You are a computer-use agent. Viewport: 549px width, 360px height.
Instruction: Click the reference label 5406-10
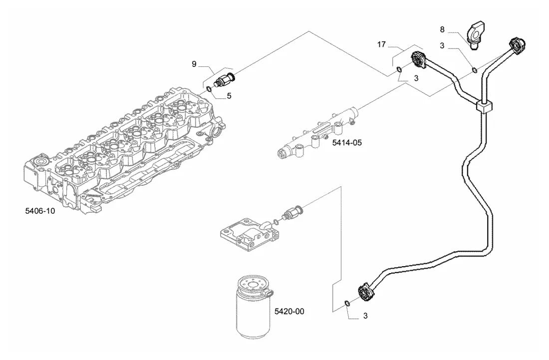click(x=40, y=211)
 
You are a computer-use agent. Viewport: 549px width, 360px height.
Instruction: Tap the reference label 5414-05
click(x=347, y=142)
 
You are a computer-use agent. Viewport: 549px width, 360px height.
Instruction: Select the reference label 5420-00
click(x=289, y=311)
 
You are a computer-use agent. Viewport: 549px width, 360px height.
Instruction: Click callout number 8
click(x=442, y=29)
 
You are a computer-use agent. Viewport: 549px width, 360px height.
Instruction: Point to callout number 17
click(x=381, y=44)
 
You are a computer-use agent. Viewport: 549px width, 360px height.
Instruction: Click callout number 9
click(x=194, y=64)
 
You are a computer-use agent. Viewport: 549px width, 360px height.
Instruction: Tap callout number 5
click(x=229, y=95)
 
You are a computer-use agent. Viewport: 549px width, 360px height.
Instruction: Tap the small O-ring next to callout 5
click(x=208, y=88)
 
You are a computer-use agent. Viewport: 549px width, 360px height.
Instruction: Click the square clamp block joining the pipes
click(x=484, y=106)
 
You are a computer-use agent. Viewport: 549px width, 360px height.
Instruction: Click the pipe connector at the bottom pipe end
click(x=366, y=293)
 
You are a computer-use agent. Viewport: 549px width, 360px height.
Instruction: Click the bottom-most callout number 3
click(x=365, y=316)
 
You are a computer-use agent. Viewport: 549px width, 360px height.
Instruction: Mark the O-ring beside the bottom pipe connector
click(x=346, y=303)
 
